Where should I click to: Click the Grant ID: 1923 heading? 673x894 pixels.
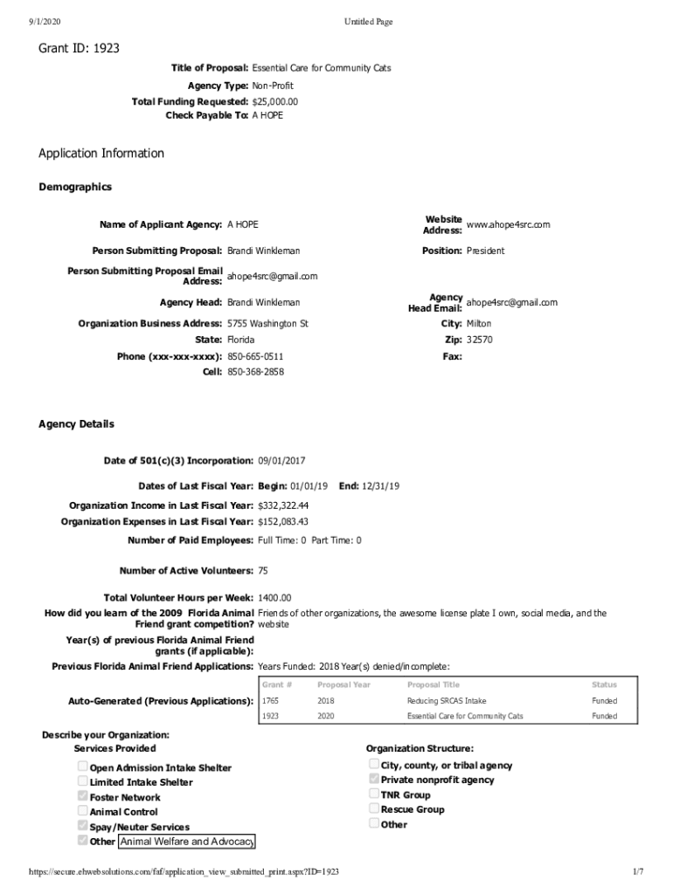(x=79, y=49)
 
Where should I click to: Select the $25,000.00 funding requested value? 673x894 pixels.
(x=274, y=101)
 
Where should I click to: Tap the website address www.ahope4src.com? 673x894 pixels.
(x=508, y=224)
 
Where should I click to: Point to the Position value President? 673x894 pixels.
(x=485, y=251)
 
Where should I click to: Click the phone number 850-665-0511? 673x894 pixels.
(x=255, y=356)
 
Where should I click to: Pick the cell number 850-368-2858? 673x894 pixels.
(x=255, y=371)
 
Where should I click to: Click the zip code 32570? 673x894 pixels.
(x=479, y=340)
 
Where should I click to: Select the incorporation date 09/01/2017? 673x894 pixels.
(x=281, y=460)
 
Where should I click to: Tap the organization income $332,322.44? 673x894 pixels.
(x=283, y=505)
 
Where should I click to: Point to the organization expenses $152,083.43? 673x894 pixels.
(x=283, y=521)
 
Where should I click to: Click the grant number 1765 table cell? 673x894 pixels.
(x=272, y=700)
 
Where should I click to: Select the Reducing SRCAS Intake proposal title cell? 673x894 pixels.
(x=447, y=700)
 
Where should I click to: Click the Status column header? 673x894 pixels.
(x=604, y=684)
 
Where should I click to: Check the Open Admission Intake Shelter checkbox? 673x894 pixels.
(x=83, y=767)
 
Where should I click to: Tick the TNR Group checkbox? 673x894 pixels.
(x=374, y=794)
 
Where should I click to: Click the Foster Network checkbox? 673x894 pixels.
(x=83, y=796)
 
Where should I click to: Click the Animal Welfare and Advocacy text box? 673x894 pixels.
(x=186, y=841)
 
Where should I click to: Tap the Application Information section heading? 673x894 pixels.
(x=101, y=154)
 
